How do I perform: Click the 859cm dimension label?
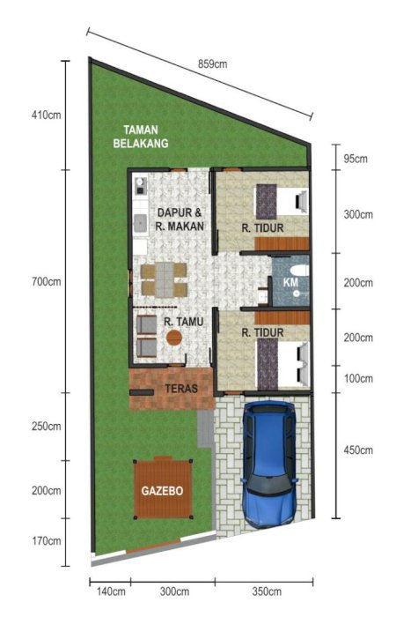[x=212, y=63]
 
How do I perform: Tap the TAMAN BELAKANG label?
[x=141, y=137]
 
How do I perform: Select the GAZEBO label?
[x=162, y=491]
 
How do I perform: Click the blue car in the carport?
[x=269, y=465]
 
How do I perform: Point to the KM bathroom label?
[x=290, y=282]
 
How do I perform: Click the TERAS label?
[x=181, y=389]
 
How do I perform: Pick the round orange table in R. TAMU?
[x=174, y=338]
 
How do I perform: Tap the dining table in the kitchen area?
[x=165, y=279]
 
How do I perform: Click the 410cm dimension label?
[x=47, y=115]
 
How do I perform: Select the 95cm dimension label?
[x=356, y=159]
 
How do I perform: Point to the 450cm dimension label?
[x=358, y=450]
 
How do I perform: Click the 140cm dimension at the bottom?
[x=111, y=591]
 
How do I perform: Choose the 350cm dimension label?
[x=267, y=591]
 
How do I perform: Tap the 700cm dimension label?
[x=47, y=282]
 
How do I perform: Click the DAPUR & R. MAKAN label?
[x=180, y=219]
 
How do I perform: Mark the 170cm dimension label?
[x=47, y=540]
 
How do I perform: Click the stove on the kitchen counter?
[x=140, y=187]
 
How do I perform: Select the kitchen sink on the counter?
[x=140, y=224]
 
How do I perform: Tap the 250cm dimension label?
[x=47, y=426]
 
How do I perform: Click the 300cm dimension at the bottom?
[x=174, y=591]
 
